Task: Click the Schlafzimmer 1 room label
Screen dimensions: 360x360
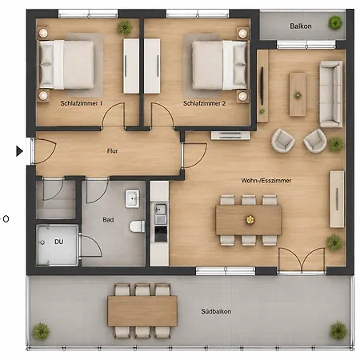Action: pos(82,103)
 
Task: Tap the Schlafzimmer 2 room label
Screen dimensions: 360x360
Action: pos(204,103)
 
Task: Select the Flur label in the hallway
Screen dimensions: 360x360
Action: pos(112,151)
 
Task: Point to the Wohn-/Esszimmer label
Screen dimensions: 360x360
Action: pos(266,181)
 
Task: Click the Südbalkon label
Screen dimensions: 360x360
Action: pos(216,311)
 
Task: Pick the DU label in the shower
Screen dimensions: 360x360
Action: pos(59,242)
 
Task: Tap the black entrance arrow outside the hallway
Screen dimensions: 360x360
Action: pos(19,151)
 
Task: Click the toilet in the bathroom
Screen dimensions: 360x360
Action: pos(138,226)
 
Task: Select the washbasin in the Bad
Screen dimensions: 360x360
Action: pos(132,198)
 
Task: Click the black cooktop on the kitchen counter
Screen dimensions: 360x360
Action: pos(161,234)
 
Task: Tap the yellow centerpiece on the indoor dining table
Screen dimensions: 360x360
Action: pos(250,220)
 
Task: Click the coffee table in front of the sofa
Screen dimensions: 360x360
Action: pos(298,94)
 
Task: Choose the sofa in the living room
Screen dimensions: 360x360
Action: pos(331,94)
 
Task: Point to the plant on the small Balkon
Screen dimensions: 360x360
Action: pos(335,22)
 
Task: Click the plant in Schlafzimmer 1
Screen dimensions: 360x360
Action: pos(125,27)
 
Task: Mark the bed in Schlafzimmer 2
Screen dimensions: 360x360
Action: pos(219,65)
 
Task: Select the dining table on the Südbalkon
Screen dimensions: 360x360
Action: pos(142,311)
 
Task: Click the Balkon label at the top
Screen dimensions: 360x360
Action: pos(301,26)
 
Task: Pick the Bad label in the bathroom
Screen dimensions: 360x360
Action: pos(108,220)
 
